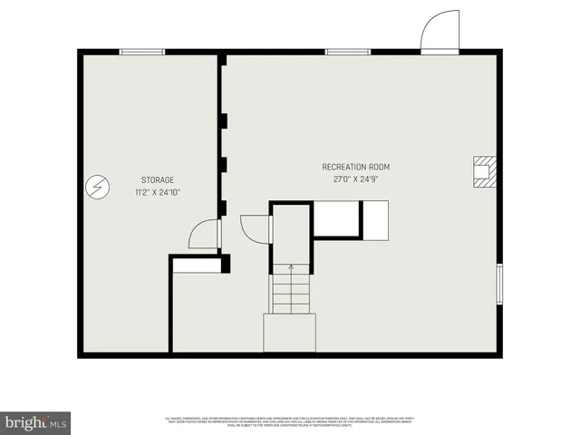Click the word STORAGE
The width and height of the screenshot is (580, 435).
pos(157,179)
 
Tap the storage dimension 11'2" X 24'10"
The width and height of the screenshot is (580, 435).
pos(157,192)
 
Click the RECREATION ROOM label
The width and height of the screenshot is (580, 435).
pos(355,167)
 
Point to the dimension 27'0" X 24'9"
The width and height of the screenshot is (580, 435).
pos(355,179)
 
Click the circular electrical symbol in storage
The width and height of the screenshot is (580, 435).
pos(94,188)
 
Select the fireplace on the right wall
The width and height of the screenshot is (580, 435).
pos(484,170)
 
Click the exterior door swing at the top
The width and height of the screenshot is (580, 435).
pos(440,33)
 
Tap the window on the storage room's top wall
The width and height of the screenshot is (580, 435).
pos(142,52)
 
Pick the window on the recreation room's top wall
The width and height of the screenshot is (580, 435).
pos(347,52)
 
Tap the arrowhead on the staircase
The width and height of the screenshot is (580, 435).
pos(291,267)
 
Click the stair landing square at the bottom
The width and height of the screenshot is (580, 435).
pos(290,333)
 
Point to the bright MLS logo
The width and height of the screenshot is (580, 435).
pos(36,421)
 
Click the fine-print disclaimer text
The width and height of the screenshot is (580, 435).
pos(290,420)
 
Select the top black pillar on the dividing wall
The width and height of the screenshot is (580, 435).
pos(223,120)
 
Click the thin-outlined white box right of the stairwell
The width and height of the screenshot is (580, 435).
pos(335,218)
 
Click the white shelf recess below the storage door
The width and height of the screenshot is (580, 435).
pos(197,265)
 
